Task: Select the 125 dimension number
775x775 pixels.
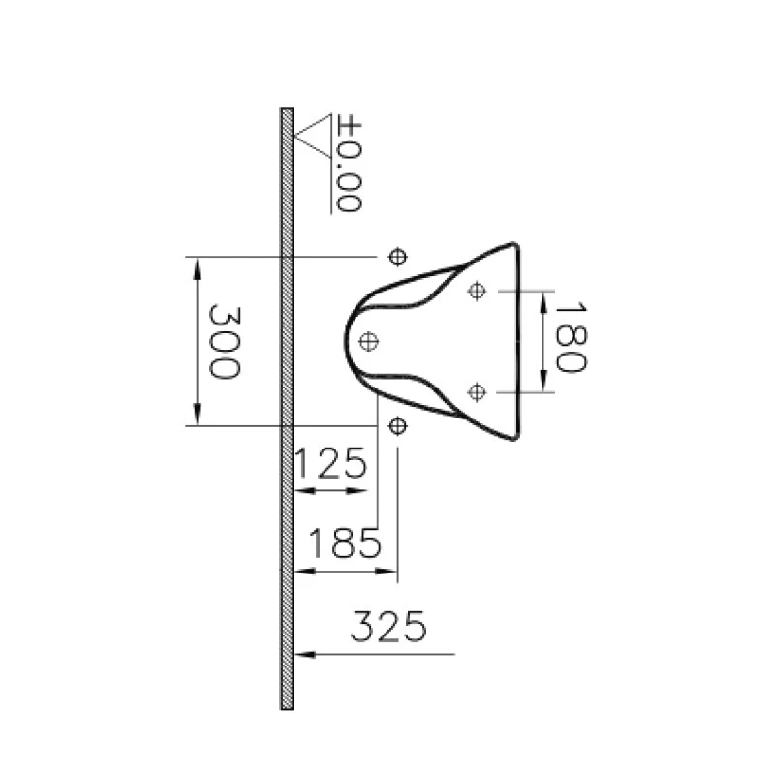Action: [330, 465]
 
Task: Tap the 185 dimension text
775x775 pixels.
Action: [342, 544]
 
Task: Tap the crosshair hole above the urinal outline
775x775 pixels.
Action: [396, 256]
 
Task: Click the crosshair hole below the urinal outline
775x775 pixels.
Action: [396, 425]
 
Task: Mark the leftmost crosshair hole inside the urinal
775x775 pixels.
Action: [368, 340]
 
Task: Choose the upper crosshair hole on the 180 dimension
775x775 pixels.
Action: [475, 291]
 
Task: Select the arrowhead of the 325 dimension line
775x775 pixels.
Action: [302, 655]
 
